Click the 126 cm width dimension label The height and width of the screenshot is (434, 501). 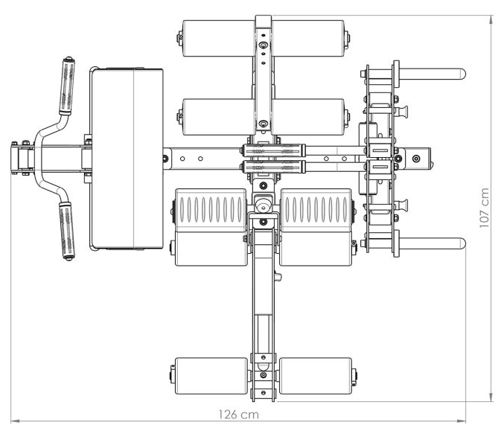239,415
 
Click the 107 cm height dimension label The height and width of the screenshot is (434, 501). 485,208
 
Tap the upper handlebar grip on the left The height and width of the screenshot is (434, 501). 67,86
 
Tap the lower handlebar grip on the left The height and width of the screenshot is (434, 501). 67,232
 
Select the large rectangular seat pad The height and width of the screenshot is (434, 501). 127,159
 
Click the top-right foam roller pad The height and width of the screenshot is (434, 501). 308,39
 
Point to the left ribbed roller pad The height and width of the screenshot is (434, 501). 211,210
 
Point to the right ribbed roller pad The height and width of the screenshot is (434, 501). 316,210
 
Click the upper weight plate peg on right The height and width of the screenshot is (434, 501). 432,74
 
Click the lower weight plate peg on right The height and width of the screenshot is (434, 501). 432,243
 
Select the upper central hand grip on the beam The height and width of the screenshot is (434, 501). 272,150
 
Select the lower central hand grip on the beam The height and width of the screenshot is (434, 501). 272,167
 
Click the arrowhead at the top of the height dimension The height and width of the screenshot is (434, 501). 491,19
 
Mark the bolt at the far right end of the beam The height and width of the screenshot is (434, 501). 415,159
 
